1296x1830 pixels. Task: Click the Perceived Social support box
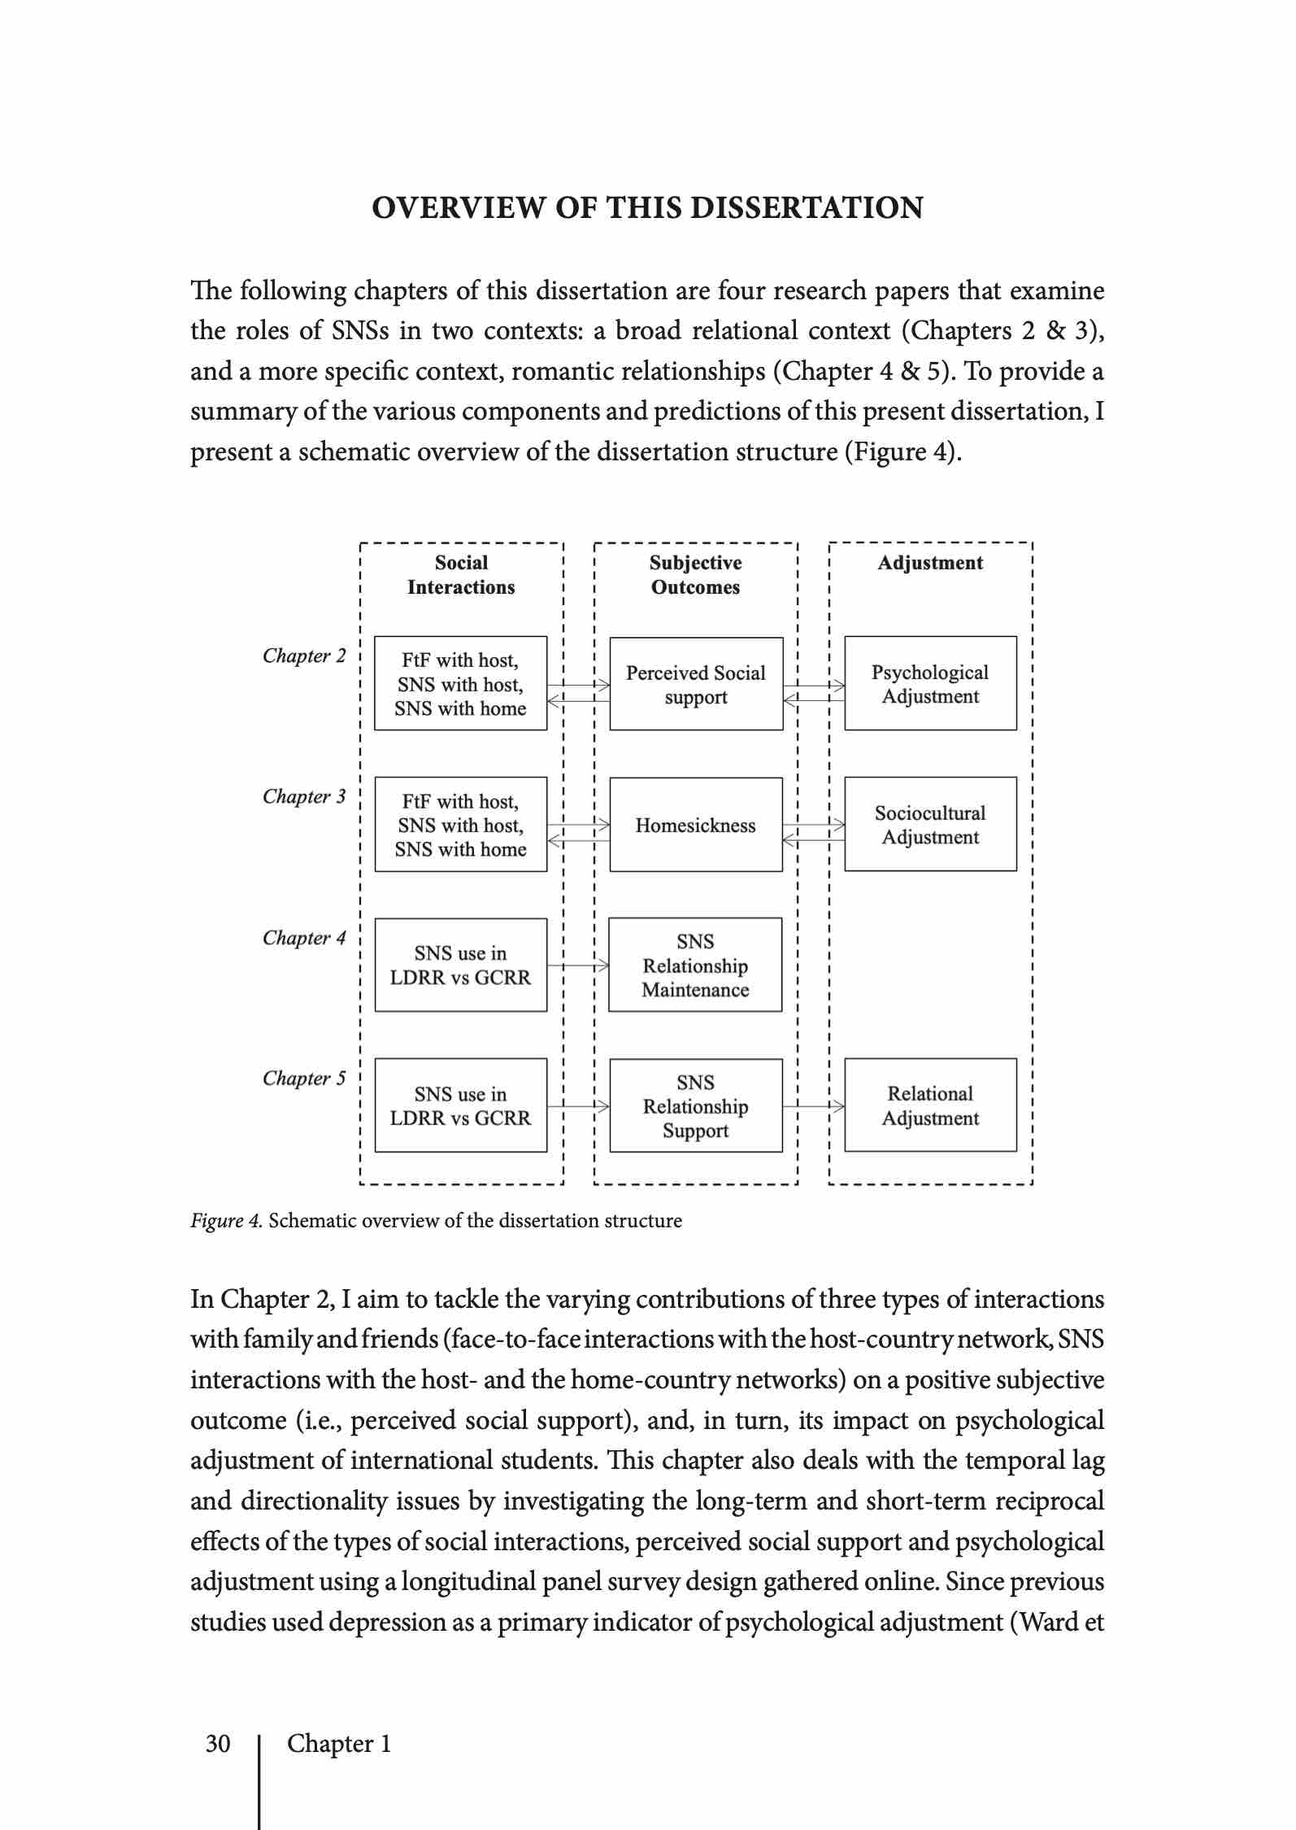click(696, 684)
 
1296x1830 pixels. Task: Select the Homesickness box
click(696, 825)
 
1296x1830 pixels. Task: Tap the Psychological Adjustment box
click(930, 683)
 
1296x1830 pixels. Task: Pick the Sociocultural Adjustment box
click(930, 824)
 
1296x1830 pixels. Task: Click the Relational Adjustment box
click(930, 1105)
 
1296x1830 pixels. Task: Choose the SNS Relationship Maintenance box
click(695, 965)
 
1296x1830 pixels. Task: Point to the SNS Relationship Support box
click(696, 1105)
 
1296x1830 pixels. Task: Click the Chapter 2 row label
click(304, 656)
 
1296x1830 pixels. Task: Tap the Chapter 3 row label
click(304, 796)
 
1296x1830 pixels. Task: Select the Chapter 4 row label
click(304, 938)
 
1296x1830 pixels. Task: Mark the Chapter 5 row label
click(304, 1078)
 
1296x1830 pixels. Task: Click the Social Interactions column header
click(461, 575)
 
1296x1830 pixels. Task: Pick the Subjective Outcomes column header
click(695, 575)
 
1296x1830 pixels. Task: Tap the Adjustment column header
click(930, 563)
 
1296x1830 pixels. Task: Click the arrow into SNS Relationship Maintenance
click(578, 965)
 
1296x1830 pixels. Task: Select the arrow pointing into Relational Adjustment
click(813, 1106)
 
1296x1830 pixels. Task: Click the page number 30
click(218, 1743)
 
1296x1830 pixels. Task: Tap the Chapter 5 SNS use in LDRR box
click(460, 1105)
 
